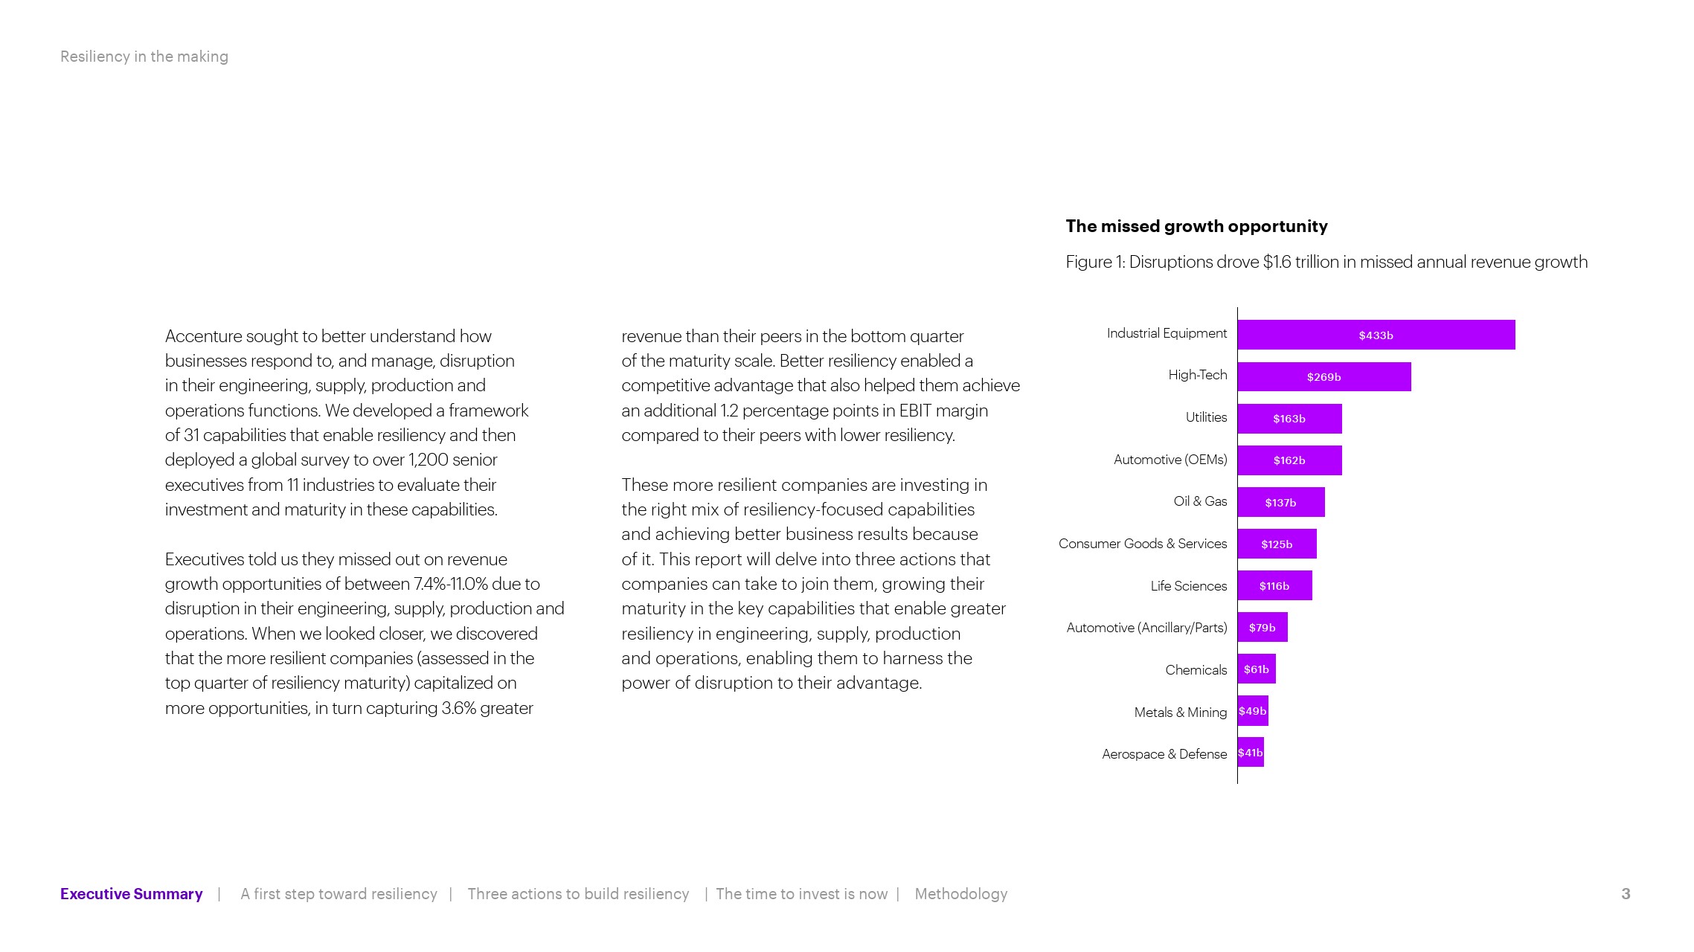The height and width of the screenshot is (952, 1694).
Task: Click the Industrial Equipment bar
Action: pyautogui.click(x=1376, y=335)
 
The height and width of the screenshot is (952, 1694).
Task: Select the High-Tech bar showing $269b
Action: pyautogui.click(x=1324, y=377)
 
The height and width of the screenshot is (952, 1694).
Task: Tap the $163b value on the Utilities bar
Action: pyautogui.click(x=1289, y=419)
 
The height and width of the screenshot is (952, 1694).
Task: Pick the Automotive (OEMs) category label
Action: pyautogui.click(x=1170, y=460)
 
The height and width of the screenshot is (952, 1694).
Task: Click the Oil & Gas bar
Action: pyautogui.click(x=1280, y=503)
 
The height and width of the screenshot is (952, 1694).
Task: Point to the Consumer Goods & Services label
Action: pyautogui.click(x=1142, y=544)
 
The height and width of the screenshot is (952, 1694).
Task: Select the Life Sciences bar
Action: pyautogui.click(x=1274, y=586)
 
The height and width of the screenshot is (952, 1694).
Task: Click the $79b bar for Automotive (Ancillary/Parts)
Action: pyautogui.click(x=1262, y=628)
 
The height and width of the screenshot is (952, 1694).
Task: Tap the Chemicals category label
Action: pyautogui.click(x=1196, y=670)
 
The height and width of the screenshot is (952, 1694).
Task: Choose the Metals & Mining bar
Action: pyautogui.click(x=1253, y=711)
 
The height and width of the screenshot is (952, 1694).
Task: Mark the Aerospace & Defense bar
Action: pyautogui.click(x=1251, y=753)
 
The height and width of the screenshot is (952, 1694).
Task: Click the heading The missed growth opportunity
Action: pyautogui.click(x=1196, y=226)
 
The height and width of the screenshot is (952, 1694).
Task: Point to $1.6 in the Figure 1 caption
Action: pyautogui.click(x=1277, y=262)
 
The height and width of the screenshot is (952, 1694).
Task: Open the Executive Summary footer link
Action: pyautogui.click(x=131, y=894)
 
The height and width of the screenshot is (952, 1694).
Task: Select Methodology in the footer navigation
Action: pyautogui.click(x=960, y=894)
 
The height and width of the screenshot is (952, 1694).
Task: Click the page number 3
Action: pyautogui.click(x=1626, y=894)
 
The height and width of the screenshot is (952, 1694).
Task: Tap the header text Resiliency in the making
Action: pyautogui.click(x=144, y=57)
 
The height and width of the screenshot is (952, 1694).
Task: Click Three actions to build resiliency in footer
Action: pyautogui.click(x=578, y=894)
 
